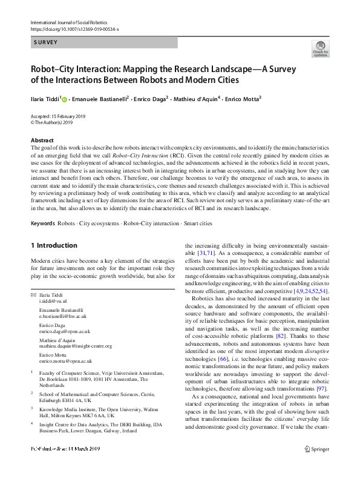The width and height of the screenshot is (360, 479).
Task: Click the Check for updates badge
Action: coord(320,48)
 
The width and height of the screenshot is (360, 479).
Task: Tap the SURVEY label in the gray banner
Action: coord(45,43)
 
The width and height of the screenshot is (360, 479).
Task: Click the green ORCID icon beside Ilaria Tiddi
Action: coord(65,99)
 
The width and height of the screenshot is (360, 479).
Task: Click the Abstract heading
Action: coord(43,140)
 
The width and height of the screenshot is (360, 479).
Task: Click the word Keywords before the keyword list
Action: coord(42,223)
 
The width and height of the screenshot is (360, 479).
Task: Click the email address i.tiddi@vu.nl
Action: coord(53,301)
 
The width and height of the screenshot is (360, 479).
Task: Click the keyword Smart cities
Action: coord(198,223)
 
